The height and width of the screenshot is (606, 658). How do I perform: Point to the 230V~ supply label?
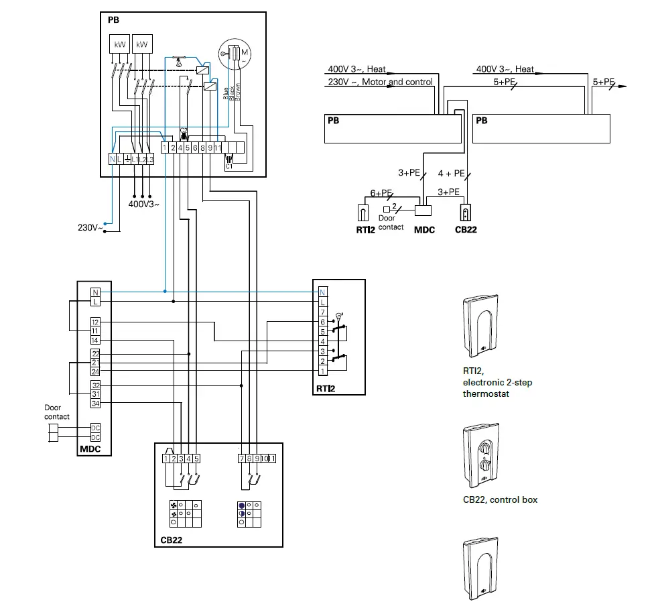click(90, 228)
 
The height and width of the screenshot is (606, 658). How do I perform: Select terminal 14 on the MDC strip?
click(95, 340)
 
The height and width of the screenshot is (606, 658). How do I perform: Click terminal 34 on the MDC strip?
click(95, 403)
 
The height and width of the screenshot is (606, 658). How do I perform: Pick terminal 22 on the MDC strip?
click(95, 354)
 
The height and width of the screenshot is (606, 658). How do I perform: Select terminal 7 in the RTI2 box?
click(322, 312)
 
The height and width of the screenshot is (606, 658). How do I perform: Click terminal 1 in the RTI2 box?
click(322, 371)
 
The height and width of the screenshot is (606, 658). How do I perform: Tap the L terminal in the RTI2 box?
click(322, 302)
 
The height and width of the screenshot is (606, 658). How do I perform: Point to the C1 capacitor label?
click(228, 166)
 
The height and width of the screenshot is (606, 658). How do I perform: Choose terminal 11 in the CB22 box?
click(272, 459)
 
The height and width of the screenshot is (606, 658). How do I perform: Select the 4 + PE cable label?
click(451, 173)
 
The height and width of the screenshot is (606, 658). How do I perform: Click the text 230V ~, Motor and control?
click(380, 82)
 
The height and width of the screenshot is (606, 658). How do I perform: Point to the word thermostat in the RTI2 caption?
click(486, 393)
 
